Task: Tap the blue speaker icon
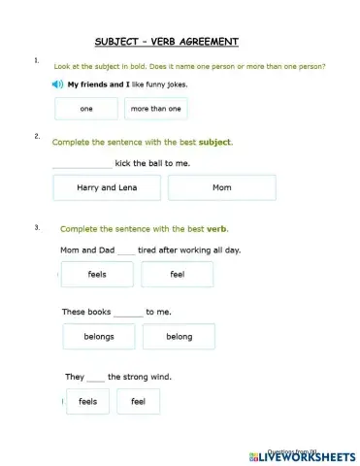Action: point(59,84)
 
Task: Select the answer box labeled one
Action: point(86,109)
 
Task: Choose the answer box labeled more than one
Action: point(155,109)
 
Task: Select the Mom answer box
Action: point(221,187)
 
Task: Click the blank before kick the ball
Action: point(81,164)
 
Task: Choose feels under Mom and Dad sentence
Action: point(97,275)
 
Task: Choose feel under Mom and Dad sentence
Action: point(177,275)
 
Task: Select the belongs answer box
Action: point(99,337)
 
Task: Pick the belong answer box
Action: point(179,337)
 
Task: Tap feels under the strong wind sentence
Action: point(87,401)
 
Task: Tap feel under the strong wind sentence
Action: point(138,401)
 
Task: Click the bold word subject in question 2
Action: point(214,142)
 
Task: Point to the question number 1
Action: point(36,60)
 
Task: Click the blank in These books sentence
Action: point(128,313)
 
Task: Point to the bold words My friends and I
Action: point(104,84)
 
